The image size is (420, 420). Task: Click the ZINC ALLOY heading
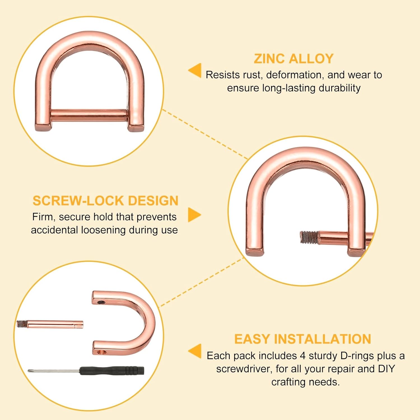tap(294, 59)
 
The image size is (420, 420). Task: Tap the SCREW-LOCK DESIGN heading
tap(106, 201)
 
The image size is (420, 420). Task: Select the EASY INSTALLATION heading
tap(302, 339)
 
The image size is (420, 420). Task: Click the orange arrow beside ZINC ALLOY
tap(195, 70)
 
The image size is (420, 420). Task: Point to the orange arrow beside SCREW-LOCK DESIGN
tap(194, 215)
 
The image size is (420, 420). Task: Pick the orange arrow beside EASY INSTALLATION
tap(195, 351)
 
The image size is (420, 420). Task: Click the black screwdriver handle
tap(112, 370)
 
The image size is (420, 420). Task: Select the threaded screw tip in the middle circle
tap(309, 237)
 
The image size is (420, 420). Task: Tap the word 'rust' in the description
tap(251, 75)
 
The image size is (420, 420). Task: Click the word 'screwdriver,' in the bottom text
tap(243, 369)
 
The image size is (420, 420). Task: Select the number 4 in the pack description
tap(302, 356)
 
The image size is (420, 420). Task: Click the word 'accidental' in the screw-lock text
tap(55, 230)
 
